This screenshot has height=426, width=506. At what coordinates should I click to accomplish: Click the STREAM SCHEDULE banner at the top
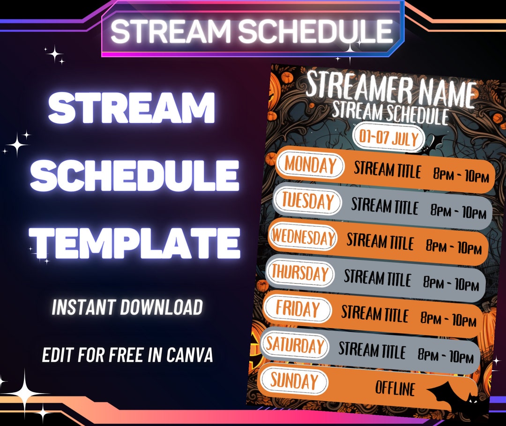pyautogui.click(x=252, y=31)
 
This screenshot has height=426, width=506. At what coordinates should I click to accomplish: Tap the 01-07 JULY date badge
pyautogui.click(x=389, y=137)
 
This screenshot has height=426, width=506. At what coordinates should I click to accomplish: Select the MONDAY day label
pyautogui.click(x=310, y=165)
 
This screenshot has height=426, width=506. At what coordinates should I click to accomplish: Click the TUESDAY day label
pyautogui.click(x=307, y=202)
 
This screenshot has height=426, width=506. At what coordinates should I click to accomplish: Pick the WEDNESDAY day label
pyautogui.click(x=304, y=237)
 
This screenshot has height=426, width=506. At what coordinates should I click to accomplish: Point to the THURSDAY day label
pyautogui.click(x=300, y=273)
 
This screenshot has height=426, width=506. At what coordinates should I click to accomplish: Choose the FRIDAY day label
pyautogui.click(x=298, y=309)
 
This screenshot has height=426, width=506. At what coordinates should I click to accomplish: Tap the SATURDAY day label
pyautogui.click(x=295, y=345)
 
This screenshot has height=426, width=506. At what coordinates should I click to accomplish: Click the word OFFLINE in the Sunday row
pyautogui.click(x=395, y=389)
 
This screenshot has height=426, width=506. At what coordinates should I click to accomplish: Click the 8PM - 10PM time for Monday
pyautogui.click(x=461, y=177)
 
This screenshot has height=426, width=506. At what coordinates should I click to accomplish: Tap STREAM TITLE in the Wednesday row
pyautogui.click(x=380, y=241)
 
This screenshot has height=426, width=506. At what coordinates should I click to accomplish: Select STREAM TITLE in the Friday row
pyautogui.click(x=374, y=314)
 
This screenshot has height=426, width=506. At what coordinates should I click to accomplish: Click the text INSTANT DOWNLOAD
pyautogui.click(x=127, y=307)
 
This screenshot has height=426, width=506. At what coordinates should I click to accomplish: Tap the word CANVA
pyautogui.click(x=190, y=355)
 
